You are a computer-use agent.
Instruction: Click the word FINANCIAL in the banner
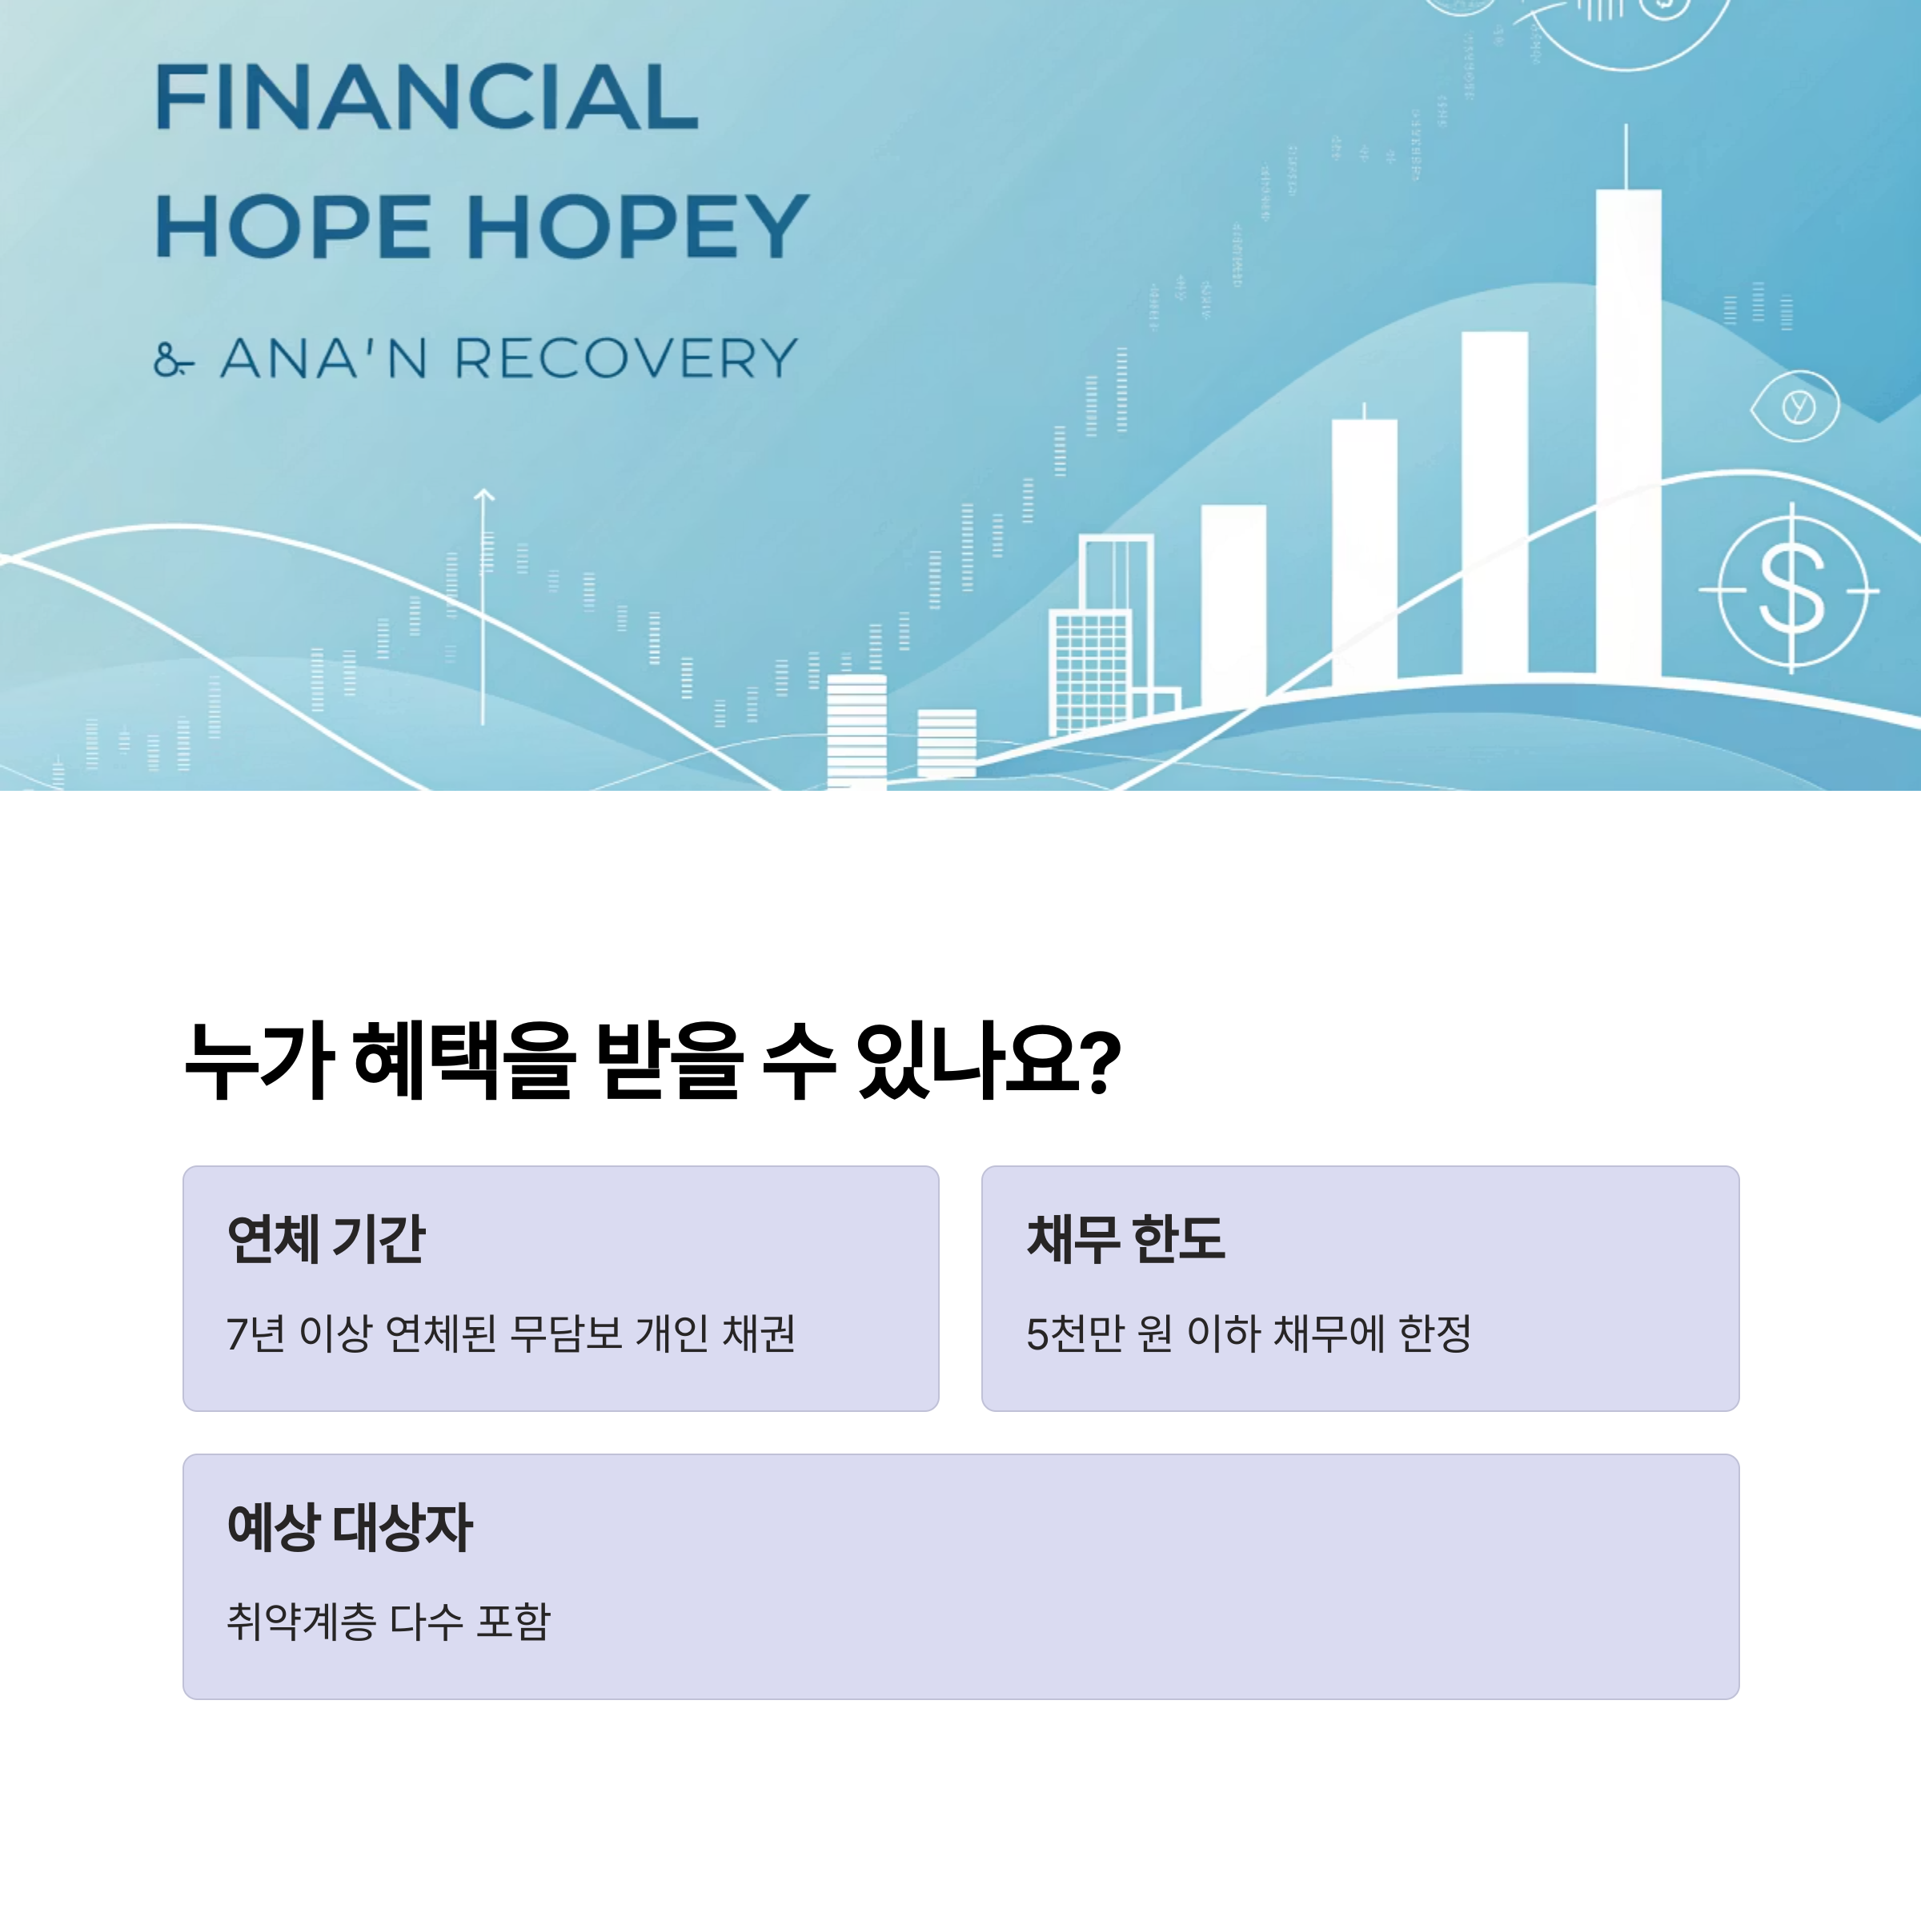click(427, 98)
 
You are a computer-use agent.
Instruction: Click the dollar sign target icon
click(1791, 590)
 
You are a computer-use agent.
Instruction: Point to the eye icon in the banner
click(1795, 407)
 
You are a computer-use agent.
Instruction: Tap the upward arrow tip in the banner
click(483, 493)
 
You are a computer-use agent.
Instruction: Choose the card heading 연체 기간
click(326, 1239)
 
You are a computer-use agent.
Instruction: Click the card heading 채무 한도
click(1125, 1239)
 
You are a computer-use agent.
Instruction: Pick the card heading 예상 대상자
click(349, 1527)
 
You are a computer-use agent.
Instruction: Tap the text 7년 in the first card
click(255, 1334)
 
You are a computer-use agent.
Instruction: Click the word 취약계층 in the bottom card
click(301, 1622)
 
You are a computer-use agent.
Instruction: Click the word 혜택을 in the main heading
click(463, 1062)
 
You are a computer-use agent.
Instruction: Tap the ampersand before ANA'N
click(173, 360)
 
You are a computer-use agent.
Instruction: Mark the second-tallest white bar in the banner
click(1494, 502)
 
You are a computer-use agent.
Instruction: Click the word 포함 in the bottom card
click(513, 1622)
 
